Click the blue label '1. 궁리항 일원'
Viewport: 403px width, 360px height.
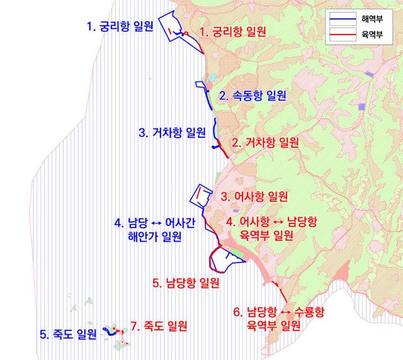[120, 27]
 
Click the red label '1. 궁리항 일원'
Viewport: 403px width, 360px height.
[233, 31]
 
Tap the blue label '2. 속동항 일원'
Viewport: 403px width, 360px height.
[253, 96]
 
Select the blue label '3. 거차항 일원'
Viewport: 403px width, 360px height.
[172, 133]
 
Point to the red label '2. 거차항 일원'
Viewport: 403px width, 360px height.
[265, 142]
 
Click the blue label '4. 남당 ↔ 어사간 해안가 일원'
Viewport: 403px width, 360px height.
[154, 229]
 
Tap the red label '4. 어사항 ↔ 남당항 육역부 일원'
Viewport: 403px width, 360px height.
[271, 228]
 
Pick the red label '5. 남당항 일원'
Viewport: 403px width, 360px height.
[186, 283]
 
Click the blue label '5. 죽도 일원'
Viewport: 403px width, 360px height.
[68, 334]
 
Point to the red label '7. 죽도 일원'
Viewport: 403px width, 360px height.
[159, 326]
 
